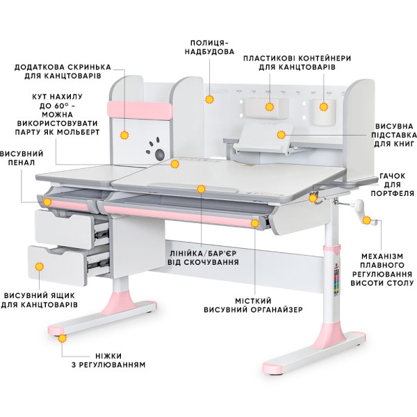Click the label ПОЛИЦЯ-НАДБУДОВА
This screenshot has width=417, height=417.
(x=209, y=47)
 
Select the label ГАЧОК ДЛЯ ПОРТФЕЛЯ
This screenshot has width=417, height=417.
(x=393, y=185)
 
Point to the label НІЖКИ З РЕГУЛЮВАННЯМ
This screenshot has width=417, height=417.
(x=108, y=360)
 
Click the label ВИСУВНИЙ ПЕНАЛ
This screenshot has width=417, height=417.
(x=22, y=158)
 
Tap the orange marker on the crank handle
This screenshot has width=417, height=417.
(x=366, y=220)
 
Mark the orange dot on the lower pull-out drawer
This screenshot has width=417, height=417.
(x=40, y=266)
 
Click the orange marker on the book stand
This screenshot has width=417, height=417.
(x=281, y=135)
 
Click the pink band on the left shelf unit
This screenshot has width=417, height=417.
(x=140, y=110)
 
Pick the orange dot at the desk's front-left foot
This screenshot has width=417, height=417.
(x=63, y=338)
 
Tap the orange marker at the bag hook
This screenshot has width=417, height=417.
(x=313, y=198)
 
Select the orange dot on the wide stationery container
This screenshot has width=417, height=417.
(x=270, y=107)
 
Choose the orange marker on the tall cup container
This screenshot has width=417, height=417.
(x=324, y=107)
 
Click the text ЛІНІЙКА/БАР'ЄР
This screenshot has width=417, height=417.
(x=203, y=254)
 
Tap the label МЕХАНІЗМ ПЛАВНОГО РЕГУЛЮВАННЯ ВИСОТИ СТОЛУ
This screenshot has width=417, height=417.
(x=382, y=270)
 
